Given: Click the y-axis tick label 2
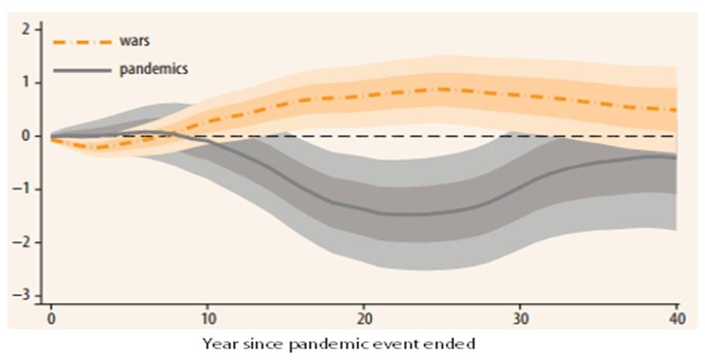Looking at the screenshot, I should pyautogui.click(x=26, y=29).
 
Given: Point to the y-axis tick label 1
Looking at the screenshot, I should pyautogui.click(x=26, y=83).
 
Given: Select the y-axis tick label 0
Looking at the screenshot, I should pyautogui.click(x=26, y=136).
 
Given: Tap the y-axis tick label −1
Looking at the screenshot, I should pyautogui.click(x=23, y=190).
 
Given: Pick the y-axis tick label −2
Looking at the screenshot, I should pyautogui.click(x=23, y=243).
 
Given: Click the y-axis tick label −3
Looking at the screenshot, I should pyautogui.click(x=23, y=296).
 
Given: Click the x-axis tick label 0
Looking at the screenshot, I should pyautogui.click(x=51, y=317).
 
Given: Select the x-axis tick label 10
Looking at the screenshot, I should pyautogui.click(x=208, y=317).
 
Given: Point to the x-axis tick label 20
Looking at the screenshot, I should pyautogui.click(x=364, y=317).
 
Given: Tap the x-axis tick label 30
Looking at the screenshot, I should pyautogui.click(x=521, y=317).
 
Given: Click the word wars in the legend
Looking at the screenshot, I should pyautogui.click(x=134, y=42).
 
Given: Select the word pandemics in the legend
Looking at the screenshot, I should pyautogui.click(x=154, y=70).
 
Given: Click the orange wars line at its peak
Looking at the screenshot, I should pyautogui.click(x=441, y=89).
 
